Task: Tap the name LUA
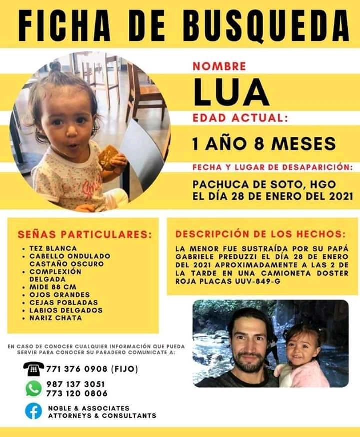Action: point(231,92)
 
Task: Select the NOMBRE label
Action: point(219,66)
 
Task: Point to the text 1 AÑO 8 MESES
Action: point(264,143)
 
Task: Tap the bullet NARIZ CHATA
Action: point(56,318)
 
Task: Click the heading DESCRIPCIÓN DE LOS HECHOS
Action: point(260,234)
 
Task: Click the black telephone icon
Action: point(33,369)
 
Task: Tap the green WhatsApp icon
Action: point(33,388)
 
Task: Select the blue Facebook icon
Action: point(33,411)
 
